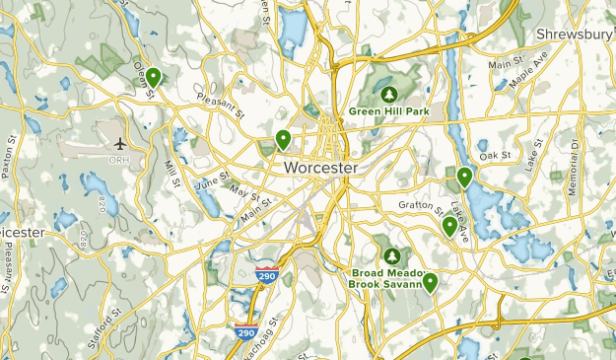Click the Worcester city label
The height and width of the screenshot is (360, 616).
click(x=320, y=168)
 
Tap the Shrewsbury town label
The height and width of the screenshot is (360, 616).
click(x=576, y=35)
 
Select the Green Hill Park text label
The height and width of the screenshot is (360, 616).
click(x=388, y=111)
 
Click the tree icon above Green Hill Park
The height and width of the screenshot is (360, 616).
click(x=388, y=95)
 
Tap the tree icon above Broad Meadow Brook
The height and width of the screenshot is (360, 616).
click(x=392, y=255)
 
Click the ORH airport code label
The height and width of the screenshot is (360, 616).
click(x=120, y=160)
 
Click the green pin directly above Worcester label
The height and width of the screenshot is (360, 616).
click(x=283, y=139)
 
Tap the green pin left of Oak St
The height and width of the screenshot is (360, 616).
click(x=464, y=177)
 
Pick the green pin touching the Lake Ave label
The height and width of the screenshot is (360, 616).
click(x=449, y=226)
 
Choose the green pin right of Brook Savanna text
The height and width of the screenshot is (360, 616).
click(x=430, y=282)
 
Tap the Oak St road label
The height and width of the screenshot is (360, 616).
click(x=496, y=156)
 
